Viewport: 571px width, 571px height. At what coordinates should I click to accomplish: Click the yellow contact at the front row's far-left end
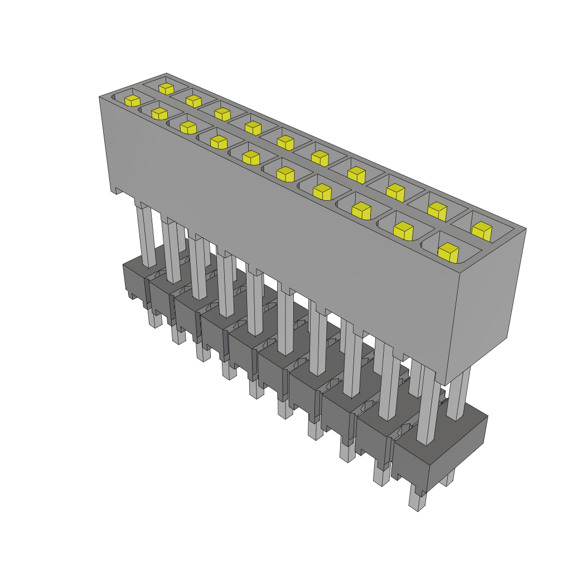pyautogui.click(x=132, y=100)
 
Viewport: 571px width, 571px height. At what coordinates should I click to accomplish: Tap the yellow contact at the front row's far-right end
pyautogui.click(x=448, y=252)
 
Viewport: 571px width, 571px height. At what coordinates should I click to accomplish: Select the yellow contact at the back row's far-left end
pyautogui.click(x=165, y=88)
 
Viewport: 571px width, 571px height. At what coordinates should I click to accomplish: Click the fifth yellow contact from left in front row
pyautogui.click(x=251, y=157)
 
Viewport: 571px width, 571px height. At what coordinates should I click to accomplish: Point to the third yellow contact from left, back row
pyautogui.click(x=222, y=114)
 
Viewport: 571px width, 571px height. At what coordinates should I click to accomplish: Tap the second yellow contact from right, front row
pyautogui.click(x=403, y=230)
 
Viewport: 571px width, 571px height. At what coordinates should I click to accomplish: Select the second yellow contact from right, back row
pyautogui.click(x=437, y=210)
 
